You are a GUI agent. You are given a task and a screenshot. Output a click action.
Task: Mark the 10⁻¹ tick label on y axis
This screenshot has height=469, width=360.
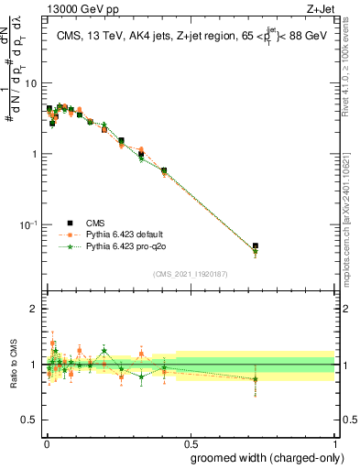click(29, 224)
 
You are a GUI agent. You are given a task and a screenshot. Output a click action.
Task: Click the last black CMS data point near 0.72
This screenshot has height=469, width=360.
click(256, 246)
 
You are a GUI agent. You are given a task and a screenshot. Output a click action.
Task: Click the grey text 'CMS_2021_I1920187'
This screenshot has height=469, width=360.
click(189, 273)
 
